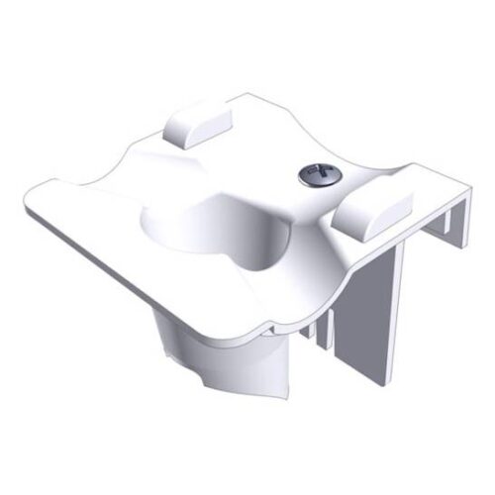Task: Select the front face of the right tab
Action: pos(361,218)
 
